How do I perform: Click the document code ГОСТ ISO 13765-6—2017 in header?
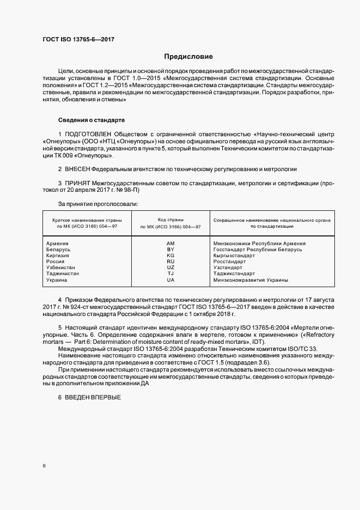(78, 40)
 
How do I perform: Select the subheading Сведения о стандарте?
(91, 119)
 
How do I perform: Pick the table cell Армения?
(58, 243)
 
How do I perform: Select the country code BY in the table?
(170, 249)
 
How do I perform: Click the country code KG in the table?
(170, 255)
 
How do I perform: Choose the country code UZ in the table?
(170, 268)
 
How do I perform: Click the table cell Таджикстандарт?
(235, 274)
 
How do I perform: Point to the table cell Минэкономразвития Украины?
(251, 280)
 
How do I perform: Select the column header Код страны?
(170, 218)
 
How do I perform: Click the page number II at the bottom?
(44, 466)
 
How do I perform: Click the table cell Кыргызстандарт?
(234, 255)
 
